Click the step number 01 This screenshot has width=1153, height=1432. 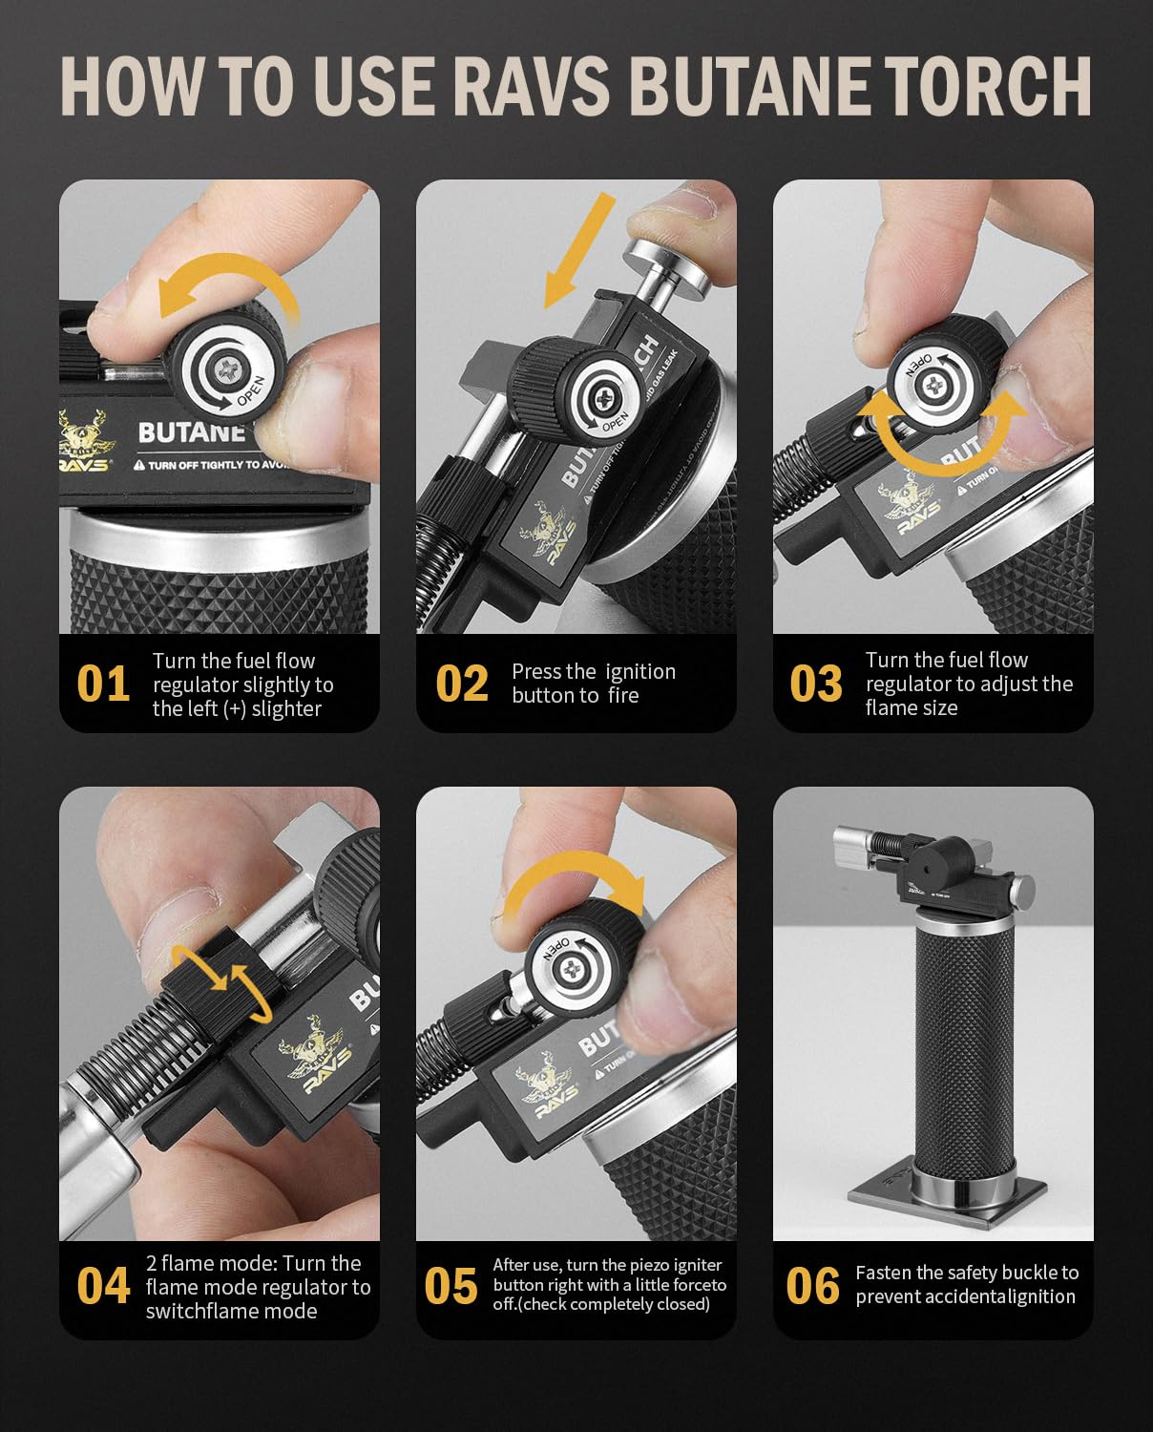pyautogui.click(x=103, y=684)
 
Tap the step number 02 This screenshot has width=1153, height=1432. pyautogui.click(x=462, y=684)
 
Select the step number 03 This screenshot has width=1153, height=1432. pyautogui.click(x=816, y=684)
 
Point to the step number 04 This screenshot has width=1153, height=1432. pyautogui.click(x=103, y=1286)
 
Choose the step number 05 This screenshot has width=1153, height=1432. pyautogui.click(x=451, y=1286)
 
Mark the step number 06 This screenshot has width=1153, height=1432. pyautogui.click(x=812, y=1286)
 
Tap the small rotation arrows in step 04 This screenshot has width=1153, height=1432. pyautogui.click(x=219, y=979)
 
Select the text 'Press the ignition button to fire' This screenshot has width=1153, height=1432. pyautogui.click(x=593, y=684)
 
